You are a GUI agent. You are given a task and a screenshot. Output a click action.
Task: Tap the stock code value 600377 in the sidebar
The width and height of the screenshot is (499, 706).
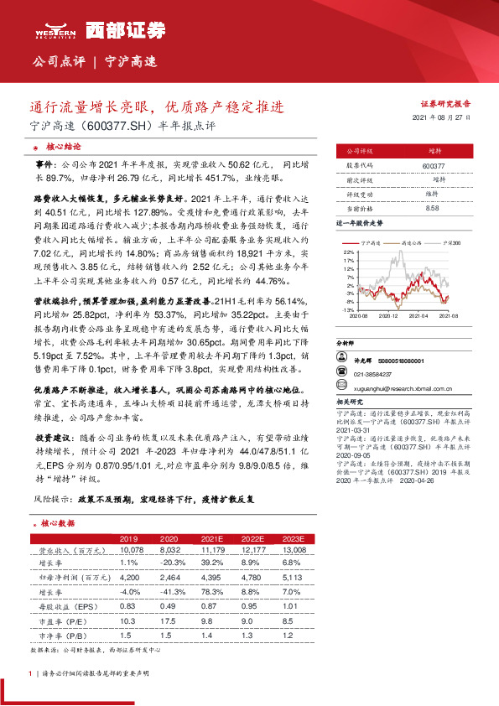coord(434,167)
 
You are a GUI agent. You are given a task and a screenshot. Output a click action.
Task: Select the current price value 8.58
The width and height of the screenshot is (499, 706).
coord(433,207)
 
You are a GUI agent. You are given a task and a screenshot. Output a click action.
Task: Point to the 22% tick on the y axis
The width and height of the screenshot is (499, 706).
coord(349,252)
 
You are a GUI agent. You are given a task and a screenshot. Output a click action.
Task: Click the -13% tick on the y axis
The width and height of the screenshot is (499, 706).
coord(348,309)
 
